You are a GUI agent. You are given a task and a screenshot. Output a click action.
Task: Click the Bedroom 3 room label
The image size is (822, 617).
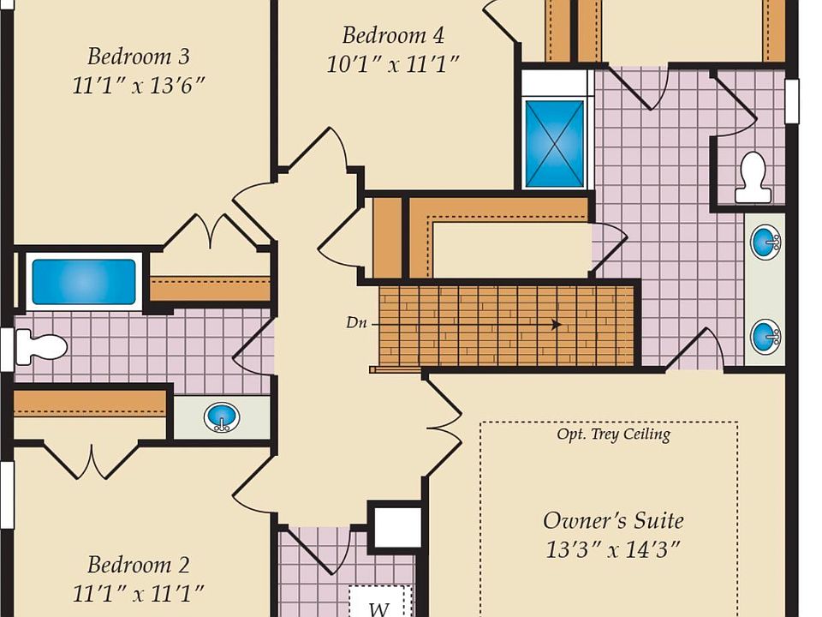[139, 57]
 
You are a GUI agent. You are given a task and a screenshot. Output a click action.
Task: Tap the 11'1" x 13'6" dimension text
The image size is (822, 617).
[139, 86]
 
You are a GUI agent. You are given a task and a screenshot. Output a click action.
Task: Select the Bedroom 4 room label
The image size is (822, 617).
[393, 36]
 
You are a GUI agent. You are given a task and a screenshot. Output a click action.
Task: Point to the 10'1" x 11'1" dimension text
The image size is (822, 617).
[393, 64]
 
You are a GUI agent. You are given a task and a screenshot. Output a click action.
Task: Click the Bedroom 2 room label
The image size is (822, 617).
[139, 565]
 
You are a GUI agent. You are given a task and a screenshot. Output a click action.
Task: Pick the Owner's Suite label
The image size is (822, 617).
[613, 520]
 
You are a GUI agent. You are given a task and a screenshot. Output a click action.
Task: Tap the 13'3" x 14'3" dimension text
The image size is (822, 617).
[613, 549]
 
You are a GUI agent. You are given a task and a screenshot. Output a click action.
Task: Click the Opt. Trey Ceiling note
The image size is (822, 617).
[613, 434]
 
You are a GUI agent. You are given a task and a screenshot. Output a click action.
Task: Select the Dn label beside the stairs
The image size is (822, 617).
[357, 323]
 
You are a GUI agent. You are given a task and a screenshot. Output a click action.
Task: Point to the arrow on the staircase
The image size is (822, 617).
[557, 325]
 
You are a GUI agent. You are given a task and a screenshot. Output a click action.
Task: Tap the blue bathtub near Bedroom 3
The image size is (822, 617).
[84, 282]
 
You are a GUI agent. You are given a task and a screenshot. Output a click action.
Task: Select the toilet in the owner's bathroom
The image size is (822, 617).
[753, 178]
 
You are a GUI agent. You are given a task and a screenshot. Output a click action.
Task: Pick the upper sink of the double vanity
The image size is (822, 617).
[765, 243]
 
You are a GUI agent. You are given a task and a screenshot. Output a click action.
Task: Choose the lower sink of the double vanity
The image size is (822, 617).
[765, 336]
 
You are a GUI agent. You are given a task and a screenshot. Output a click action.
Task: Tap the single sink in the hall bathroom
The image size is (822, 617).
[222, 417]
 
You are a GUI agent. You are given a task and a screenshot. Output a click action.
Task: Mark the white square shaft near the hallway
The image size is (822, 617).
[396, 527]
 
